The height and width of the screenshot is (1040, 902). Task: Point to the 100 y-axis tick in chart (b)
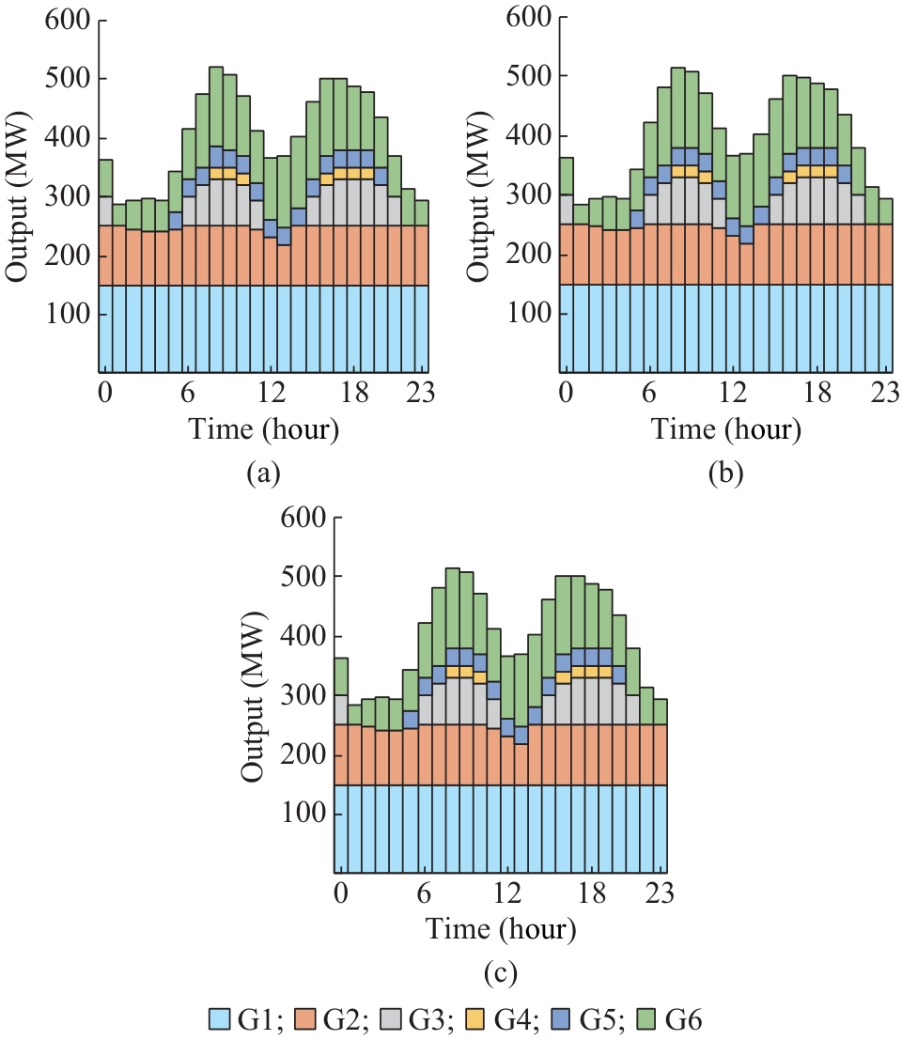(532, 315)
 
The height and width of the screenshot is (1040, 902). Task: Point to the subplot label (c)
(498, 970)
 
